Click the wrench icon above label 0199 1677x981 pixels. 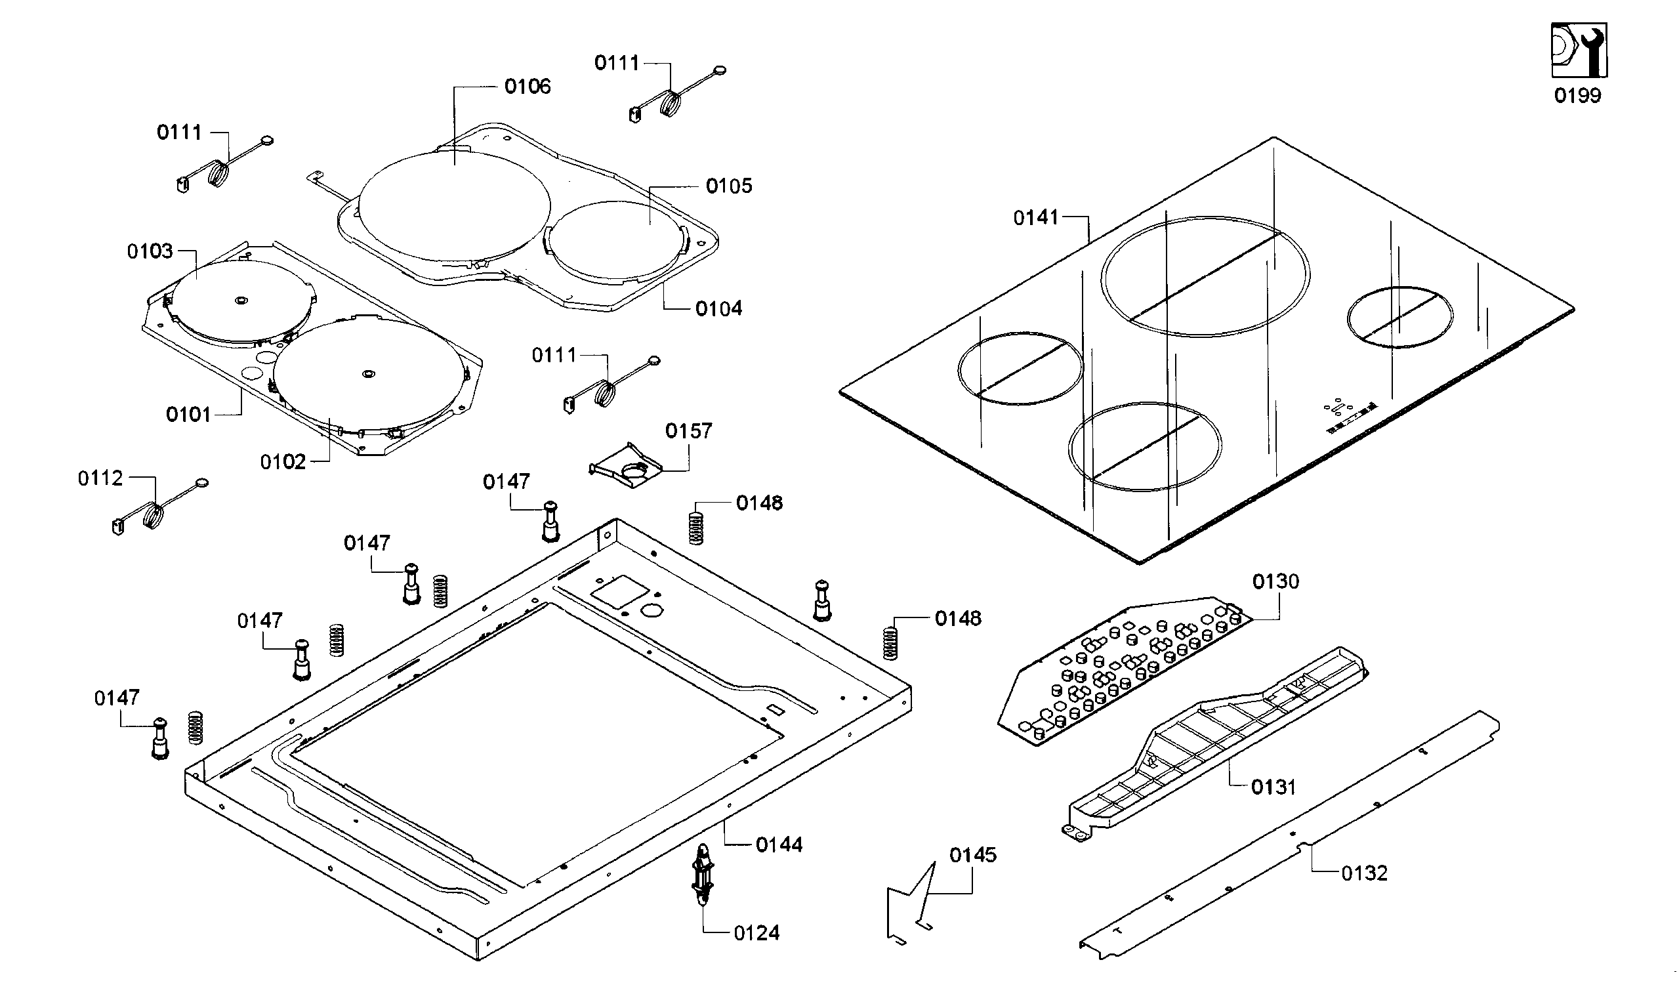pos(1579,50)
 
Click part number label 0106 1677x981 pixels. pos(527,87)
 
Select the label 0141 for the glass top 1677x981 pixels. pos(1035,218)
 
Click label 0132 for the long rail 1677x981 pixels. pos(1363,873)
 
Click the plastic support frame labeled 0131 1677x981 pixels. pos(1218,739)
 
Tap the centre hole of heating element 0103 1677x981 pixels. pos(239,301)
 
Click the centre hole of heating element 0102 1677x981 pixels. pos(368,374)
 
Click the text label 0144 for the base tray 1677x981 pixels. pos(779,845)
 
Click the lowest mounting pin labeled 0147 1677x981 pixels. pos(160,739)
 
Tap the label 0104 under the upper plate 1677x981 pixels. pos(718,309)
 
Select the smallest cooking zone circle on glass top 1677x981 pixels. pos(1399,317)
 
